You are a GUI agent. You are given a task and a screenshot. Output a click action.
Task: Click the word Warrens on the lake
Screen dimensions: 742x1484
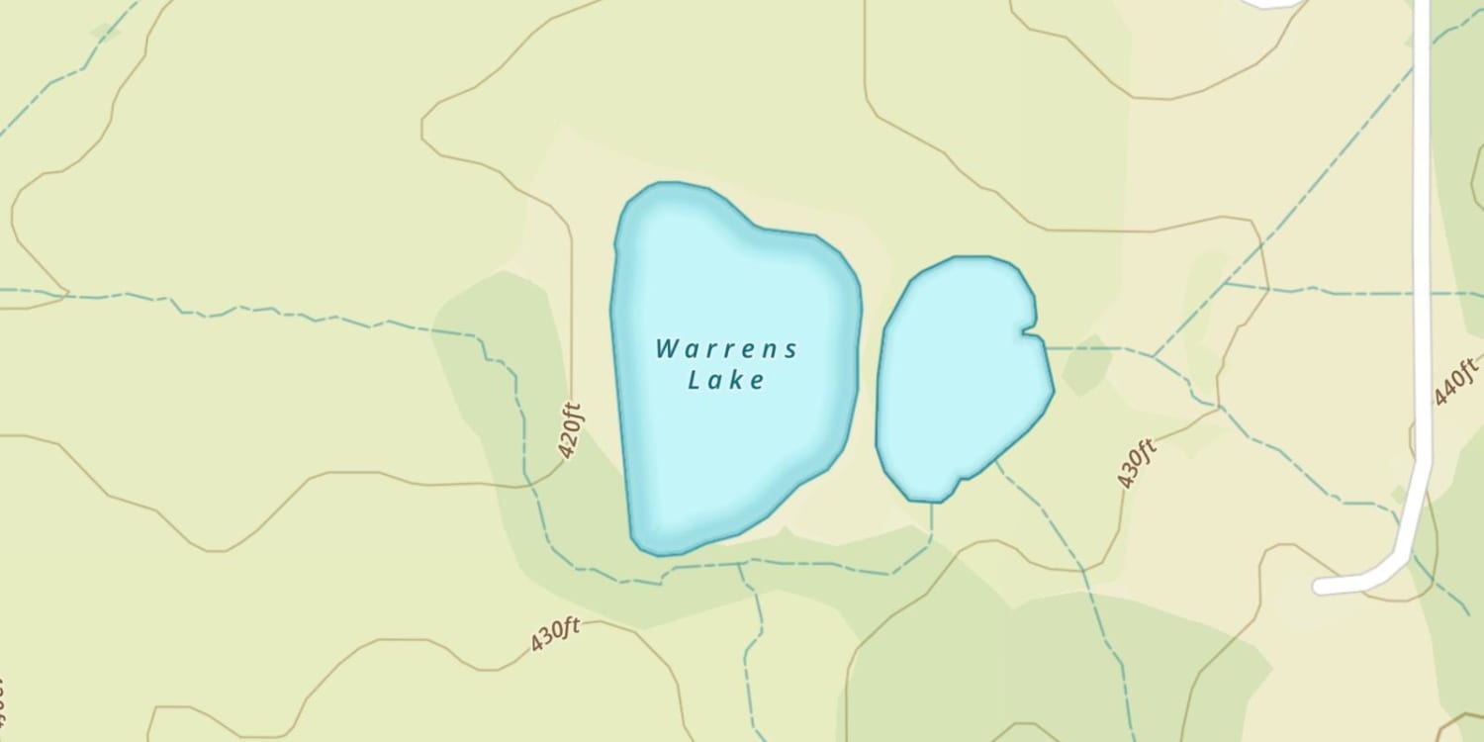pyautogui.click(x=726, y=349)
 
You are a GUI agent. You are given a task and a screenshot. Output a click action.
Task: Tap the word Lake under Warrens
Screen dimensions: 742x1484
pyautogui.click(x=726, y=380)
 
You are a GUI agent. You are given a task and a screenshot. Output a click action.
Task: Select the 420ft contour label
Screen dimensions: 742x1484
pyautogui.click(x=568, y=430)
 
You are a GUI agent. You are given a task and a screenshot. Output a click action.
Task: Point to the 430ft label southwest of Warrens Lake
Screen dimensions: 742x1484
pyautogui.click(x=554, y=634)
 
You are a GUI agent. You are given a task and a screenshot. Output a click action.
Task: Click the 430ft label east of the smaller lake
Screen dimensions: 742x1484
pyautogui.click(x=1137, y=463)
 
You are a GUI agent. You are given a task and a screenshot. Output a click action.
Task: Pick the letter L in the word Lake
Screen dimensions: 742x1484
pyautogui.click(x=695, y=380)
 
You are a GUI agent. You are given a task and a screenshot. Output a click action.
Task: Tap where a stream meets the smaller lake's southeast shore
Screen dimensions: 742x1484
pyautogui.click(x=997, y=459)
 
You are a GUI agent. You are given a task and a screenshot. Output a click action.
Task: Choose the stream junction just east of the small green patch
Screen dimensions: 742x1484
pyautogui.click(x=1153, y=355)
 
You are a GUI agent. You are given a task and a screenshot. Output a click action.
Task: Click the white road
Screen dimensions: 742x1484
pyautogui.click(x=1423, y=297)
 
